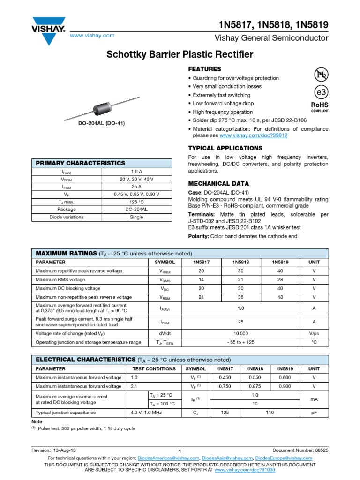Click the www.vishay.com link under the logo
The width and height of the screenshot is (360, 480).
pyautogui.click(x=92, y=36)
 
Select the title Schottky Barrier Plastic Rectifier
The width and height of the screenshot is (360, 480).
pyautogui.click(x=180, y=54)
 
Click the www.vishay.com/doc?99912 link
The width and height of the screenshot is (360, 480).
pyautogui.click(x=254, y=135)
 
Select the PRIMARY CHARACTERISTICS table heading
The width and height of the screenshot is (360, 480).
pyautogui.click(x=81, y=163)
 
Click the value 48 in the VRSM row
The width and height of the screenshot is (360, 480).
pyautogui.click(x=280, y=297)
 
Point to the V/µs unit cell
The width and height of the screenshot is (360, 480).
pyautogui.click(x=314, y=333)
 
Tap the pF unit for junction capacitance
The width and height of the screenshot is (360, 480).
pyautogui.click(x=314, y=412)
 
